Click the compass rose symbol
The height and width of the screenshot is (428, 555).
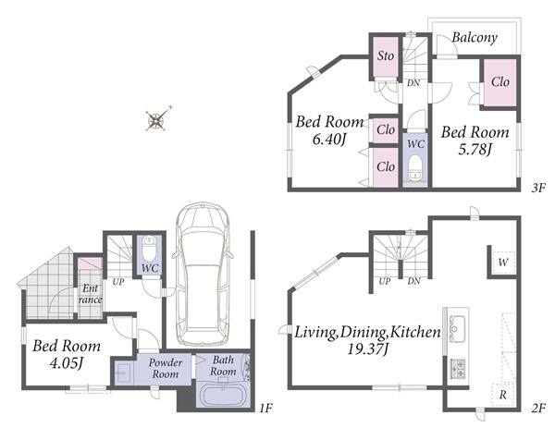point(157,119)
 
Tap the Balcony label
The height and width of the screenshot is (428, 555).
point(475,38)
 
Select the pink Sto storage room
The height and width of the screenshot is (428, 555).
point(386,56)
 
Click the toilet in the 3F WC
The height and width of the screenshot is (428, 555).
point(414,169)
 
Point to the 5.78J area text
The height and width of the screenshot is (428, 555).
point(475,150)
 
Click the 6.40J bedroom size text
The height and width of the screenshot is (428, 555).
point(329,139)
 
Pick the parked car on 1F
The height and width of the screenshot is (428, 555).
point(203,274)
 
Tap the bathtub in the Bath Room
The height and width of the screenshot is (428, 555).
point(223,396)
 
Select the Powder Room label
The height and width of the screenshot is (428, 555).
point(166,368)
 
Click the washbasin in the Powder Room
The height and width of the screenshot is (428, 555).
point(123,373)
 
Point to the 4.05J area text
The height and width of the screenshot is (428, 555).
point(67,363)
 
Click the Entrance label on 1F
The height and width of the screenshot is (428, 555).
point(90,294)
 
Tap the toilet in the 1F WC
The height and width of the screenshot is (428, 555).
point(149,249)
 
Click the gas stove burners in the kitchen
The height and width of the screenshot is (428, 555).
point(457,368)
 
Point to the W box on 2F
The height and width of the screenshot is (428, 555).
point(502,263)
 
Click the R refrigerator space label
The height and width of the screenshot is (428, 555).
point(502,395)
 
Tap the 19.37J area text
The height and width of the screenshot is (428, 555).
point(368,349)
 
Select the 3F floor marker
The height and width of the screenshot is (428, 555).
point(538,188)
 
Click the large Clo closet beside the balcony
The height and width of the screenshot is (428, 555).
point(499,82)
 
